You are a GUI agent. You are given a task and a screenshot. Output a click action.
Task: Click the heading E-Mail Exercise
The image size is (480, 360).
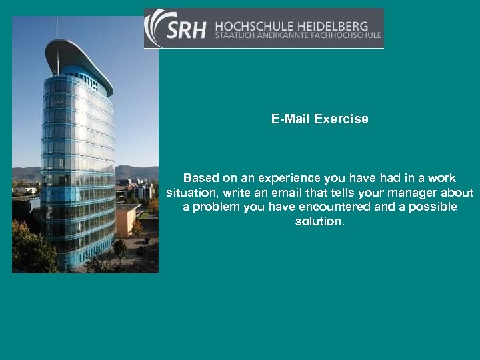click(319, 119)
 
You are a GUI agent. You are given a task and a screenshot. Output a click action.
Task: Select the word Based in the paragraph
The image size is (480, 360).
click(201, 178)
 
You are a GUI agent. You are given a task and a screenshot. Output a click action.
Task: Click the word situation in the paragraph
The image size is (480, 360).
click(190, 193)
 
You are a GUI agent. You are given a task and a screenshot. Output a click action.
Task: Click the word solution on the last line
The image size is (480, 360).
click(319, 221)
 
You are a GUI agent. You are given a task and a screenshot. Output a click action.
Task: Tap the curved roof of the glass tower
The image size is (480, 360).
click(80, 57)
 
